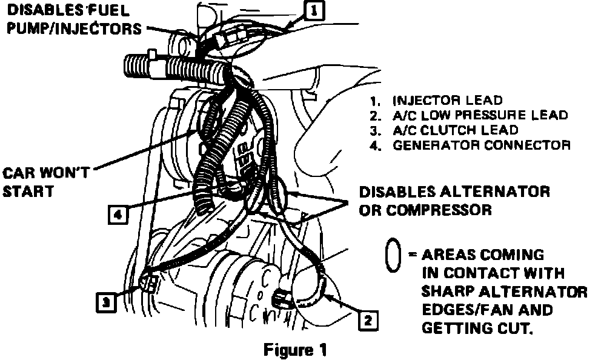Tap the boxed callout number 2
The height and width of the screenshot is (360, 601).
(x=367, y=319)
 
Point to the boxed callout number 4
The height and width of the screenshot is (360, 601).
(x=118, y=214)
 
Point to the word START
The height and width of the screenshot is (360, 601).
(x=28, y=192)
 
